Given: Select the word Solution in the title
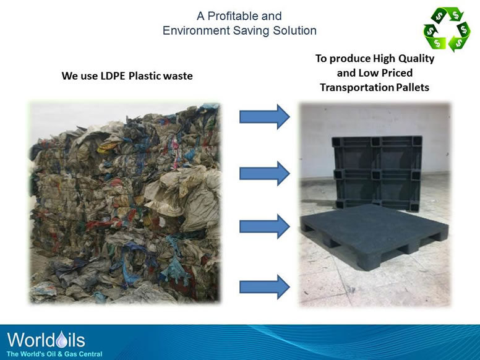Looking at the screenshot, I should pyautogui.click(x=296, y=30).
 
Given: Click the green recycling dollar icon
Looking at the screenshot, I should pyautogui.click(x=447, y=29).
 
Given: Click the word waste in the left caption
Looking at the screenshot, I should pyautogui.click(x=178, y=76).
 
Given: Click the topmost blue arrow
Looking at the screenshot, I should pyautogui.click(x=264, y=116).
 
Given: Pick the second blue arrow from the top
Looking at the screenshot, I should pyautogui.click(x=264, y=173).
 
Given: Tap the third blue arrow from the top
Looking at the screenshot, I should pyautogui.click(x=264, y=226).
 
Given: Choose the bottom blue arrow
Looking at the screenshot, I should pyautogui.click(x=264, y=286).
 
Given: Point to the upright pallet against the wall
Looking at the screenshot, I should pyautogui.click(x=373, y=167).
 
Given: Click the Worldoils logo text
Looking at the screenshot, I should pyautogui.click(x=46, y=340).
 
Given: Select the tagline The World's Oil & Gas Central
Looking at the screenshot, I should pyautogui.click(x=54, y=353).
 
